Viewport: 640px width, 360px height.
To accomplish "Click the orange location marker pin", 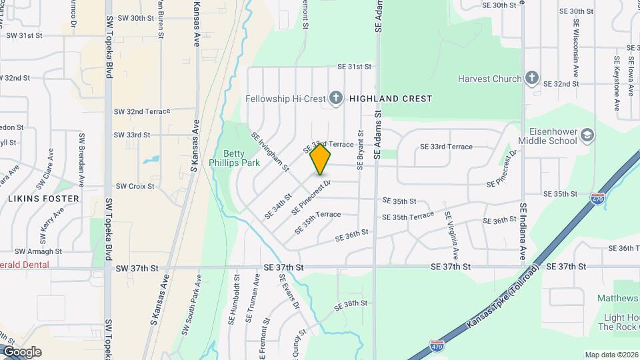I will tap(321, 159).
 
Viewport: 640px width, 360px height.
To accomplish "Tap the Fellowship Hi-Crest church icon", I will tap(336, 99).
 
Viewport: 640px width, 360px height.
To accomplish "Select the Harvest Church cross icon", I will tap(531, 79).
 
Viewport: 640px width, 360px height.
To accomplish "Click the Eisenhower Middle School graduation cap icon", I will tap(587, 135).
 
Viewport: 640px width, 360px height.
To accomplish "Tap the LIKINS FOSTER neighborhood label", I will tap(43, 199).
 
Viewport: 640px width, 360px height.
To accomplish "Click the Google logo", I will tap(21, 352).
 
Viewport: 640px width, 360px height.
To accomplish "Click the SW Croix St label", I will tap(135, 187).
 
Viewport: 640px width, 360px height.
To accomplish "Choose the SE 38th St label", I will tap(351, 303).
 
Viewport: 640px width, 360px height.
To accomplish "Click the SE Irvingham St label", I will tap(269, 151).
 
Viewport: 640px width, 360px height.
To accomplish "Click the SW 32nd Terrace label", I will tap(141, 111).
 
